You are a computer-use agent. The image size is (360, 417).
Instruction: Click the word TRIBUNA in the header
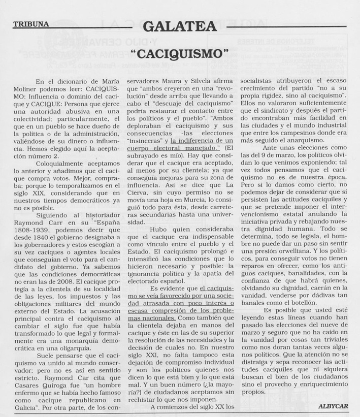pos(31,24)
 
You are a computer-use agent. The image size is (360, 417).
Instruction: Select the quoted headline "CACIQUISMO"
pos(180,53)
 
